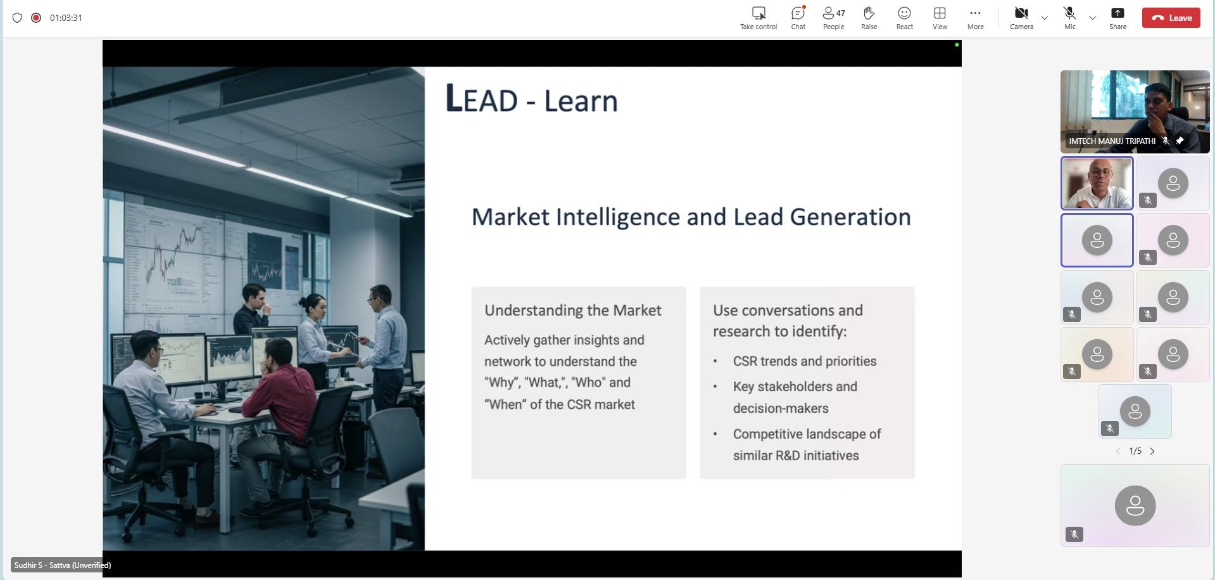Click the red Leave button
tap(1171, 18)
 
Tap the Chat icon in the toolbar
tap(798, 13)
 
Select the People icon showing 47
tap(833, 13)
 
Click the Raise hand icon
tap(869, 13)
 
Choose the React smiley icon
tap(904, 13)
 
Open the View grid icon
tap(940, 13)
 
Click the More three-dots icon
tap(975, 13)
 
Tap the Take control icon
tap(759, 13)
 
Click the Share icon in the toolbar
tap(1117, 13)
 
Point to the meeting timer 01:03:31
tap(66, 18)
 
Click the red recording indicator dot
tap(36, 18)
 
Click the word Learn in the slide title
tap(581, 101)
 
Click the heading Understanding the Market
tap(573, 310)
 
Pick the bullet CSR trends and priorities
tap(805, 361)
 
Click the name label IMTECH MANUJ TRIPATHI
tap(1112, 141)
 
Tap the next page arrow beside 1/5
tap(1152, 451)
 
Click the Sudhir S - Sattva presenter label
tap(62, 565)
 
